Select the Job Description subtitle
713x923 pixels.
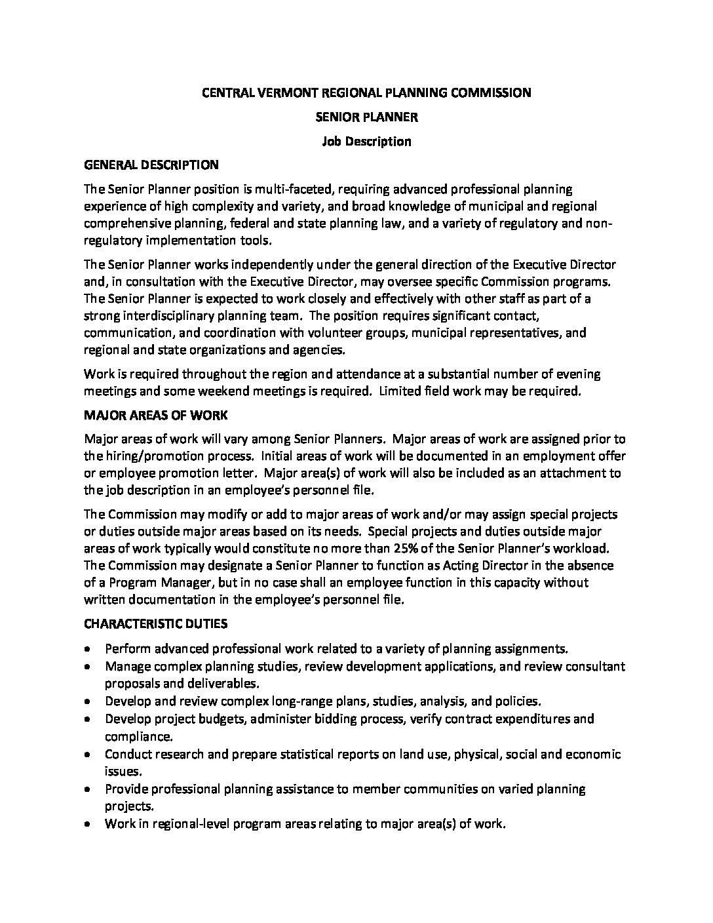366,141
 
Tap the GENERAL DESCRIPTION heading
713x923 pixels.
151,165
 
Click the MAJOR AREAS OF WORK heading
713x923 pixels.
156,416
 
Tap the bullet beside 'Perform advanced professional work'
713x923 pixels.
88,649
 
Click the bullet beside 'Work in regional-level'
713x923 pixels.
88,824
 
